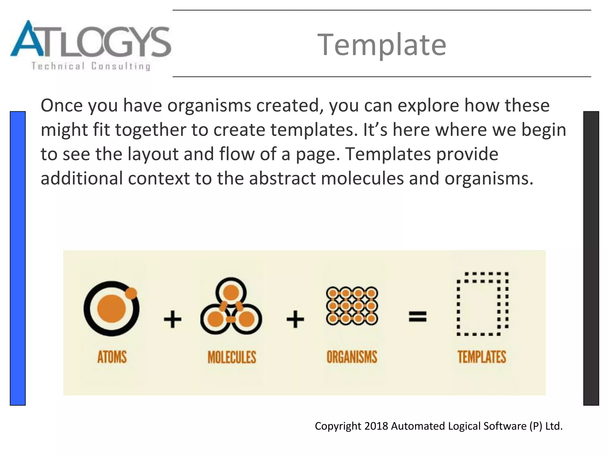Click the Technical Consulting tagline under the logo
pyautogui.click(x=91, y=66)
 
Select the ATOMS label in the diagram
pyautogui.click(x=112, y=357)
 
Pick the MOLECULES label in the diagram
pyautogui.click(x=232, y=357)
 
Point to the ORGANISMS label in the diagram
pyautogui.click(x=352, y=357)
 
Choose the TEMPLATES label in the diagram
pyautogui.click(x=481, y=357)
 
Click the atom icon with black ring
pyautogui.click(x=112, y=308)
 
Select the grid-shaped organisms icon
pyautogui.click(x=352, y=305)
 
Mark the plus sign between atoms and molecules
pyautogui.click(x=172, y=319)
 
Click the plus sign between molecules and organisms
pyautogui.click(x=295, y=319)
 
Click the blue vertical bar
pyautogui.click(x=18, y=258)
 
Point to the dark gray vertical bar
pyautogui.click(x=591, y=258)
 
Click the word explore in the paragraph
pyautogui.click(x=428, y=106)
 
